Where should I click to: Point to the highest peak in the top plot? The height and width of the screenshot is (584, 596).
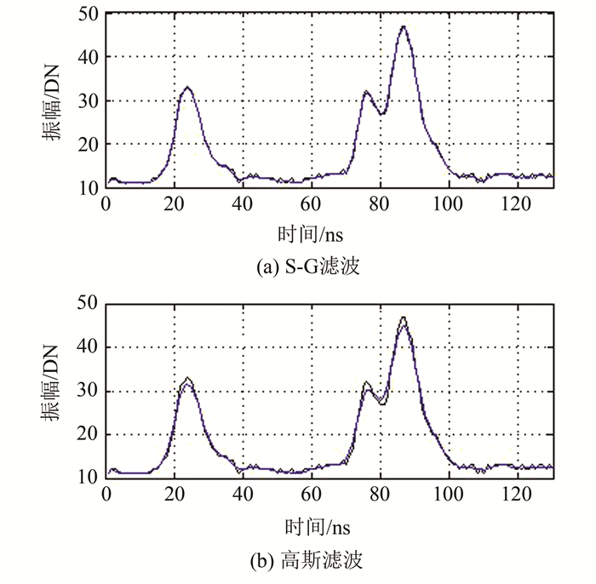403,26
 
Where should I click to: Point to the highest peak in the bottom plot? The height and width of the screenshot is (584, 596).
403,318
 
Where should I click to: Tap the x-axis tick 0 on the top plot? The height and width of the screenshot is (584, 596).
106,204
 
